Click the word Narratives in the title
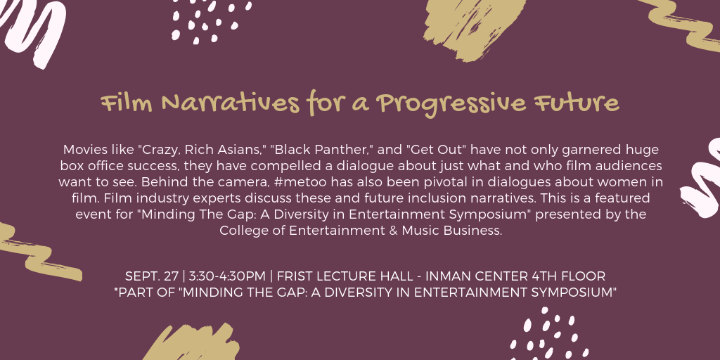(230, 103)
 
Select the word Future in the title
(577, 103)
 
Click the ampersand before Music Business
(393, 231)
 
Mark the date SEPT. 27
(151, 276)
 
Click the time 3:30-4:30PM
(227, 276)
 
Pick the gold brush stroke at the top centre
(473, 27)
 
